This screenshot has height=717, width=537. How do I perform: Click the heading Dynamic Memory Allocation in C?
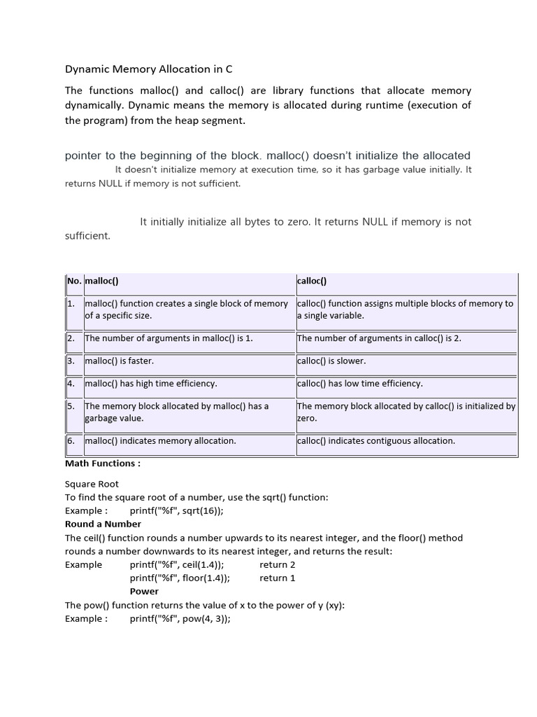(148, 69)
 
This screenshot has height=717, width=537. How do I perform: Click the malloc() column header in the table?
(102, 281)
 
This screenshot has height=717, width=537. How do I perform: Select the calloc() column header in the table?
(312, 281)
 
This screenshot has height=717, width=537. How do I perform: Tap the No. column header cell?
(74, 281)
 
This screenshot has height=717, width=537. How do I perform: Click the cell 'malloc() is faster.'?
(120, 361)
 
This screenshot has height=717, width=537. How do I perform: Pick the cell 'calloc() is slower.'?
(331, 361)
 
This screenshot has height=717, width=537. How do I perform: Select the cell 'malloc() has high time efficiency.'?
(151, 384)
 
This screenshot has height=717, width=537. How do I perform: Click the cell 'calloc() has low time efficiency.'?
(360, 384)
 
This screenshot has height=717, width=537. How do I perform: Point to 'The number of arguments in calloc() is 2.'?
(379, 338)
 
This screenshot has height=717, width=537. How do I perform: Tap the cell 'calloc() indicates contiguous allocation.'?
(376, 441)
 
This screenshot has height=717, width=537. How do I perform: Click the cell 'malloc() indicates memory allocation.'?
(160, 441)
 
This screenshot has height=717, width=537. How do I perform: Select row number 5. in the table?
(71, 406)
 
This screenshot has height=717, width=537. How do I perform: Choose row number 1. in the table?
(71, 304)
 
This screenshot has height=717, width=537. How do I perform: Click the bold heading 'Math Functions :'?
(103, 464)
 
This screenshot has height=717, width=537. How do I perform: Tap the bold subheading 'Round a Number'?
(103, 524)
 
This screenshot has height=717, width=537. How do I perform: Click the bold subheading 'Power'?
(144, 592)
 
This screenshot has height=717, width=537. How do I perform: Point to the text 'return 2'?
(278, 564)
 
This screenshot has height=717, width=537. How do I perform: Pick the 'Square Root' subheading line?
(92, 484)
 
